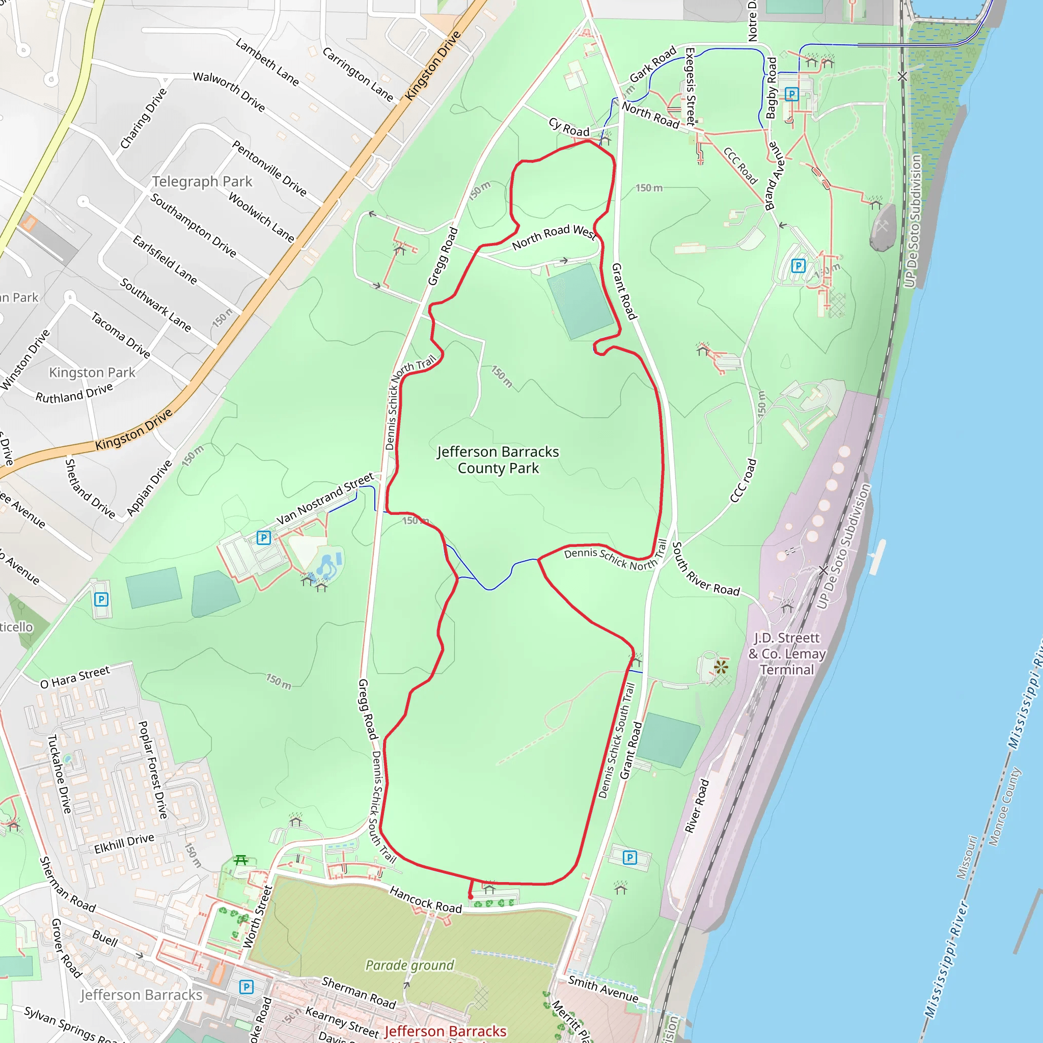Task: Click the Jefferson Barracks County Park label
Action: click(x=498, y=460)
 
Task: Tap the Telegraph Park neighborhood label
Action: click(x=202, y=181)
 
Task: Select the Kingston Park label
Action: click(x=92, y=372)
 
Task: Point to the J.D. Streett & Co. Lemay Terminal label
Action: click(x=787, y=654)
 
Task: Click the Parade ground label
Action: click(x=410, y=965)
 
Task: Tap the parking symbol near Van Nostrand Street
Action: click(x=263, y=538)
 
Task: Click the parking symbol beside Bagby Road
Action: click(x=791, y=95)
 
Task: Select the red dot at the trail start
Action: click(x=471, y=897)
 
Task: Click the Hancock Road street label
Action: click(x=425, y=899)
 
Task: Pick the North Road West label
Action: click(x=554, y=236)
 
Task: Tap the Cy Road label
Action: click(x=569, y=127)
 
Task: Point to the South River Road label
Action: click(x=705, y=570)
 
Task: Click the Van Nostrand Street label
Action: click(x=325, y=498)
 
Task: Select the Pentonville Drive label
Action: click(x=269, y=168)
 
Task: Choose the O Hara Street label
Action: click(x=75, y=677)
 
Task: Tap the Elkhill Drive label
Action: click(x=124, y=843)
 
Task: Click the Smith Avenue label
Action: click(x=603, y=989)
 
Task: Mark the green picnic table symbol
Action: click(x=241, y=860)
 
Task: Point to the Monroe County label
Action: click(x=1004, y=807)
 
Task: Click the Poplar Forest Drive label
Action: click(x=153, y=770)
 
